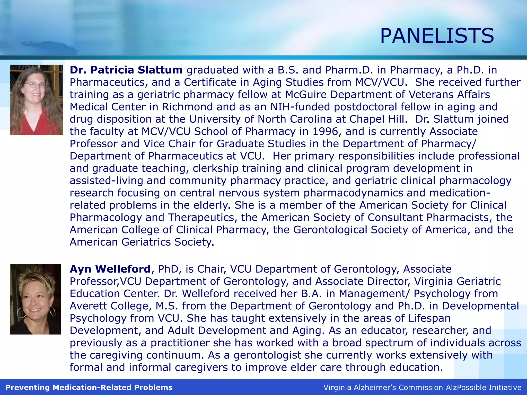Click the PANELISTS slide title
pyautogui.click(x=437, y=36)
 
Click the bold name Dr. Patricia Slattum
pyautogui.click(x=126, y=70)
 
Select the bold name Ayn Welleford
pyautogui.click(x=110, y=269)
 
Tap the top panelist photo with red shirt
pyautogui.click(x=37, y=100)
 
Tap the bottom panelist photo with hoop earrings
pyautogui.click(x=36, y=299)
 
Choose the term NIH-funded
pyautogui.click(x=300, y=107)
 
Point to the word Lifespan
pyautogui.click(x=429, y=318)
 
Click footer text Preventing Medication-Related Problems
pyautogui.click(x=89, y=387)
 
